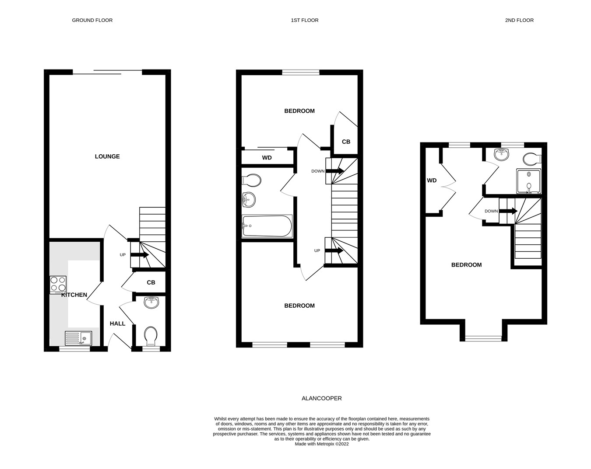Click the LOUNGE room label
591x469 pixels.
click(107, 156)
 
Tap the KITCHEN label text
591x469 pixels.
click(74, 295)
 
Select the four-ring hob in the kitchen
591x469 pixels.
click(58, 284)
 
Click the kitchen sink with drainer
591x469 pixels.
click(78, 339)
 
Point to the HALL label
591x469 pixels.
click(117, 323)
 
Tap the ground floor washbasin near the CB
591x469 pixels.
click(151, 302)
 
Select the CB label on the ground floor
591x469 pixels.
click(151, 283)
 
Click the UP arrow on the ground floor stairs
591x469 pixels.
click(140, 255)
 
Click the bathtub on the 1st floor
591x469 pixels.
click(267, 226)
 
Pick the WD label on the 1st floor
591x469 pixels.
click(267, 158)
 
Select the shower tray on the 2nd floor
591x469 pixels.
click(528, 181)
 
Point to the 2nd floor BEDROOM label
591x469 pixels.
click(466, 265)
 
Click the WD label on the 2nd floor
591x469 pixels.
click(432, 181)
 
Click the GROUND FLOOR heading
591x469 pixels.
click(92, 20)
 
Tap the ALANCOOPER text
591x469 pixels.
click(322, 398)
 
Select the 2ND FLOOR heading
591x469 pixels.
click(519, 20)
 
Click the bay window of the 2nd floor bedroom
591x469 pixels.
click(483, 338)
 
